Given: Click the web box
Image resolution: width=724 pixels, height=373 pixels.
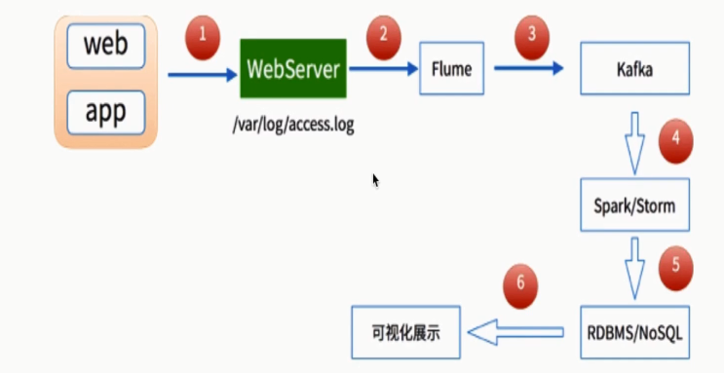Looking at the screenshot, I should [x=106, y=45].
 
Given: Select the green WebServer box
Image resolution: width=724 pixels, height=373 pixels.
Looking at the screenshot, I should [x=293, y=69].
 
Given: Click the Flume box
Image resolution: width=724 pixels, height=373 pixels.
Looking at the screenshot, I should [x=451, y=69].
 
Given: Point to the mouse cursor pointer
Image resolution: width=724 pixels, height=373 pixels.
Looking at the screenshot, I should [x=375, y=179].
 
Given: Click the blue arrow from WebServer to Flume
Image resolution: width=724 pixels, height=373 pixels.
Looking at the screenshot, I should [x=384, y=69].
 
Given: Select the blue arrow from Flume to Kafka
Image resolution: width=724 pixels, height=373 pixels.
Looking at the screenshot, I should [x=530, y=69].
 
